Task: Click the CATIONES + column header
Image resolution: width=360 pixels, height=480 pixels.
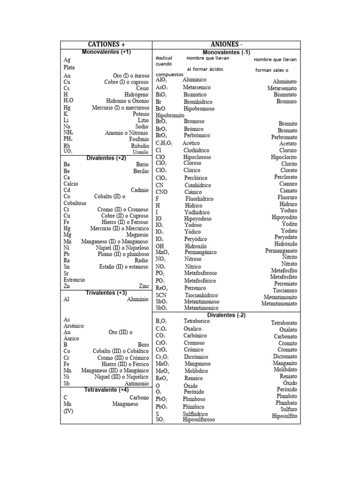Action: tap(106, 45)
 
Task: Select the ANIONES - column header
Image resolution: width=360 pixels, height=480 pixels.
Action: tap(227, 45)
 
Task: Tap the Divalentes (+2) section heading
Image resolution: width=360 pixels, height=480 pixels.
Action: tap(106, 158)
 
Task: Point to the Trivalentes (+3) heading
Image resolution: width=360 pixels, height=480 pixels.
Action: tap(106, 293)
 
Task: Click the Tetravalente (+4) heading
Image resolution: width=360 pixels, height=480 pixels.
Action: tap(106, 390)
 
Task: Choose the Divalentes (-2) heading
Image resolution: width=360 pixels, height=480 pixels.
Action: tap(227, 315)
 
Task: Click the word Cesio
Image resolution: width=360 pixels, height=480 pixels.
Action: tap(142, 88)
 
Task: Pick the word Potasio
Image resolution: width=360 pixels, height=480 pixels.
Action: tap(141, 114)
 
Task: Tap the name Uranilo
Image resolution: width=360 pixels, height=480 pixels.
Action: tap(141, 152)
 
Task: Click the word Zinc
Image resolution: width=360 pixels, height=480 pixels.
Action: tap(143, 285)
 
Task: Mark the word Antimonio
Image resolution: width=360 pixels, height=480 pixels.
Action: tap(136, 383)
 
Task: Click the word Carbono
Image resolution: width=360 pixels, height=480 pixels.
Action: tap(139, 397)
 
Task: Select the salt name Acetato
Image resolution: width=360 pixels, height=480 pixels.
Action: tap(288, 143)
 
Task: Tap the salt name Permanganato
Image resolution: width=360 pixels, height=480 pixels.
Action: tap(281, 251)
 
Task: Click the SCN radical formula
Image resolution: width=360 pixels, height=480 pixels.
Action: tap(161, 295)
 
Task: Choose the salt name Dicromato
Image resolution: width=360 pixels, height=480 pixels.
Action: tap(285, 356)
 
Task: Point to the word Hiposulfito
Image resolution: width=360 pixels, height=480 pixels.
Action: tap(285, 416)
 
